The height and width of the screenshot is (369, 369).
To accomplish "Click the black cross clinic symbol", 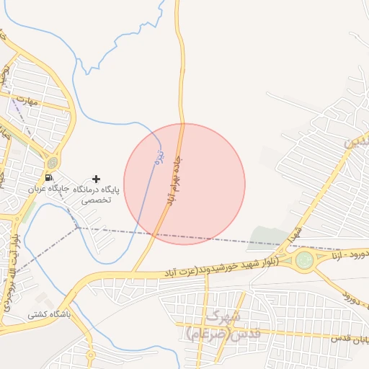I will tap(97, 178).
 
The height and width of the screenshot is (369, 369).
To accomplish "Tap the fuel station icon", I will tap(48, 177).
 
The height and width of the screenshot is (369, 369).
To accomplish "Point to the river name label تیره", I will tap(161, 156).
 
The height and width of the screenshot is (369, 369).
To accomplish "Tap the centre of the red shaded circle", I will tap(184, 184).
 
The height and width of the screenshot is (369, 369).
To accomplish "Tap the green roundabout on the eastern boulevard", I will tap(306, 259).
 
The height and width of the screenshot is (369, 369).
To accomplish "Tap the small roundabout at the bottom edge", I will tap(91, 355).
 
